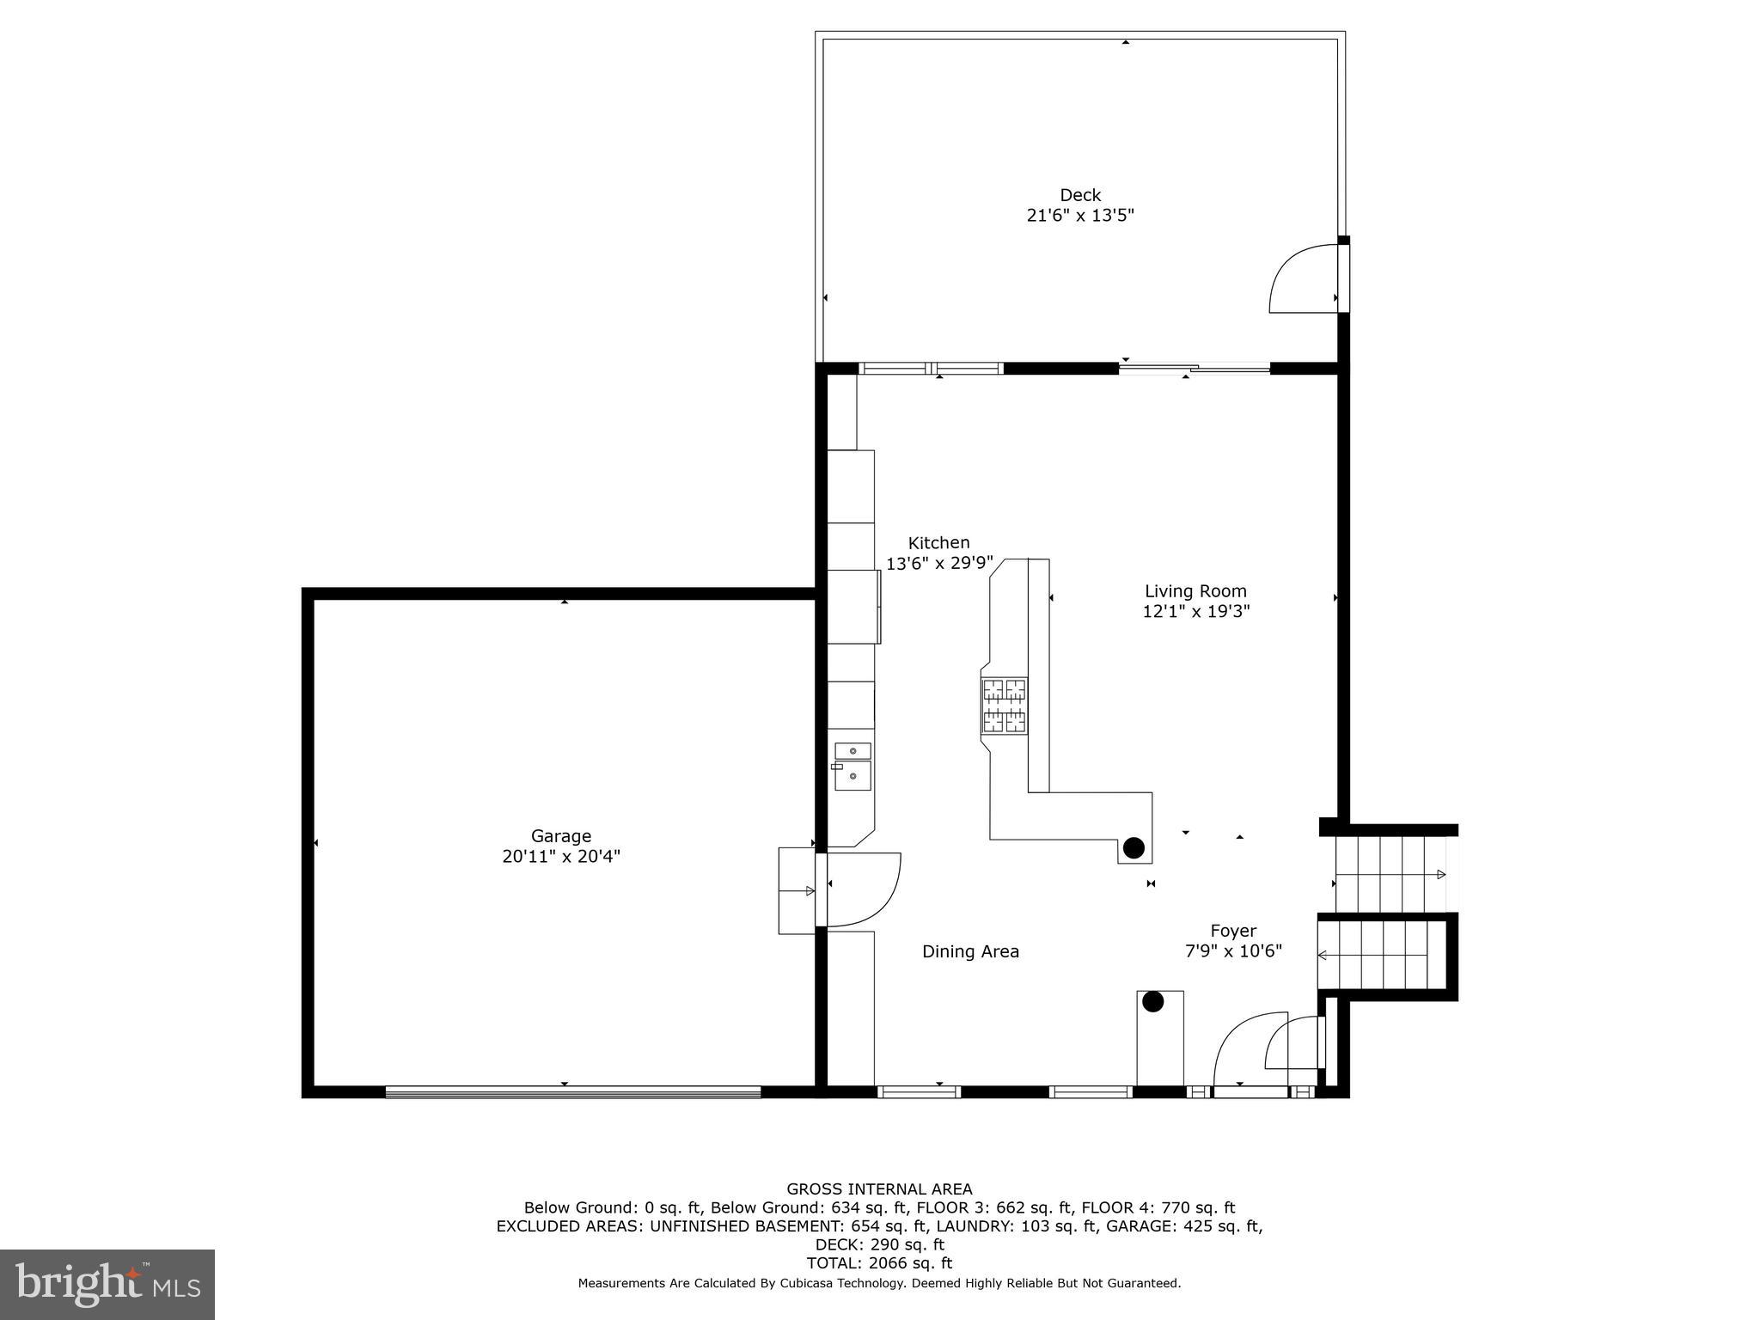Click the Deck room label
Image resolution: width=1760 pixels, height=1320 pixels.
1079,195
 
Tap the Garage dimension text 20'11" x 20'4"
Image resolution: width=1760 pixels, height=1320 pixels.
561,856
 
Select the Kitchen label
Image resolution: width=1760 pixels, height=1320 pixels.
938,542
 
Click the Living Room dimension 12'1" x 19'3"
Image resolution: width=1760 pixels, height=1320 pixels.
1195,611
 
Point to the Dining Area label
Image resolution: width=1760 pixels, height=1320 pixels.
970,951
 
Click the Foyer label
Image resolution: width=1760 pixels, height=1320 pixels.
1233,931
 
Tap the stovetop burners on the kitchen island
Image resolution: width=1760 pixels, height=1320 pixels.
1005,706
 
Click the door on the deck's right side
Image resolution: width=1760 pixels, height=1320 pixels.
1305,279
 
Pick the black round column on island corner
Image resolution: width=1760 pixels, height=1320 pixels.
1134,848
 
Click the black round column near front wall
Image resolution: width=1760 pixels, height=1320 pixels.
1152,1001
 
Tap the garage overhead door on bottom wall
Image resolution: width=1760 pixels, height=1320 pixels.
573,1092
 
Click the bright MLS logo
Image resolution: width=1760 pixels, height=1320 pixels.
107,1285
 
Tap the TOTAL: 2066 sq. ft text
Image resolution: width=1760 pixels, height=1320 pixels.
879,1263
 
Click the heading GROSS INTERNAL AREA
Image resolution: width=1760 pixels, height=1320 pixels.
879,1189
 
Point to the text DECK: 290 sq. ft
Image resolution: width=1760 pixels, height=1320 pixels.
879,1244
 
